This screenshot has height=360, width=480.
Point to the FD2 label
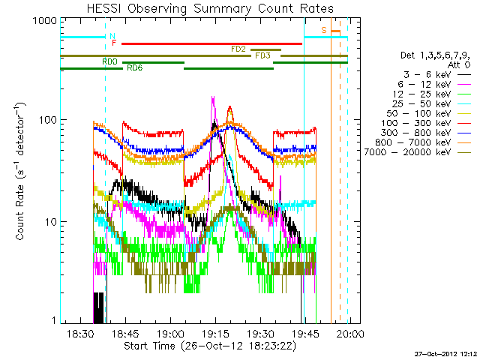(x=238, y=49)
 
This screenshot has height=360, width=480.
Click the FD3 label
(x=262, y=55)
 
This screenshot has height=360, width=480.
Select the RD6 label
(x=135, y=68)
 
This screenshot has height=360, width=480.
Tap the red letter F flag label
(x=114, y=43)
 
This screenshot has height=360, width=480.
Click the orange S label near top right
(x=324, y=30)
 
